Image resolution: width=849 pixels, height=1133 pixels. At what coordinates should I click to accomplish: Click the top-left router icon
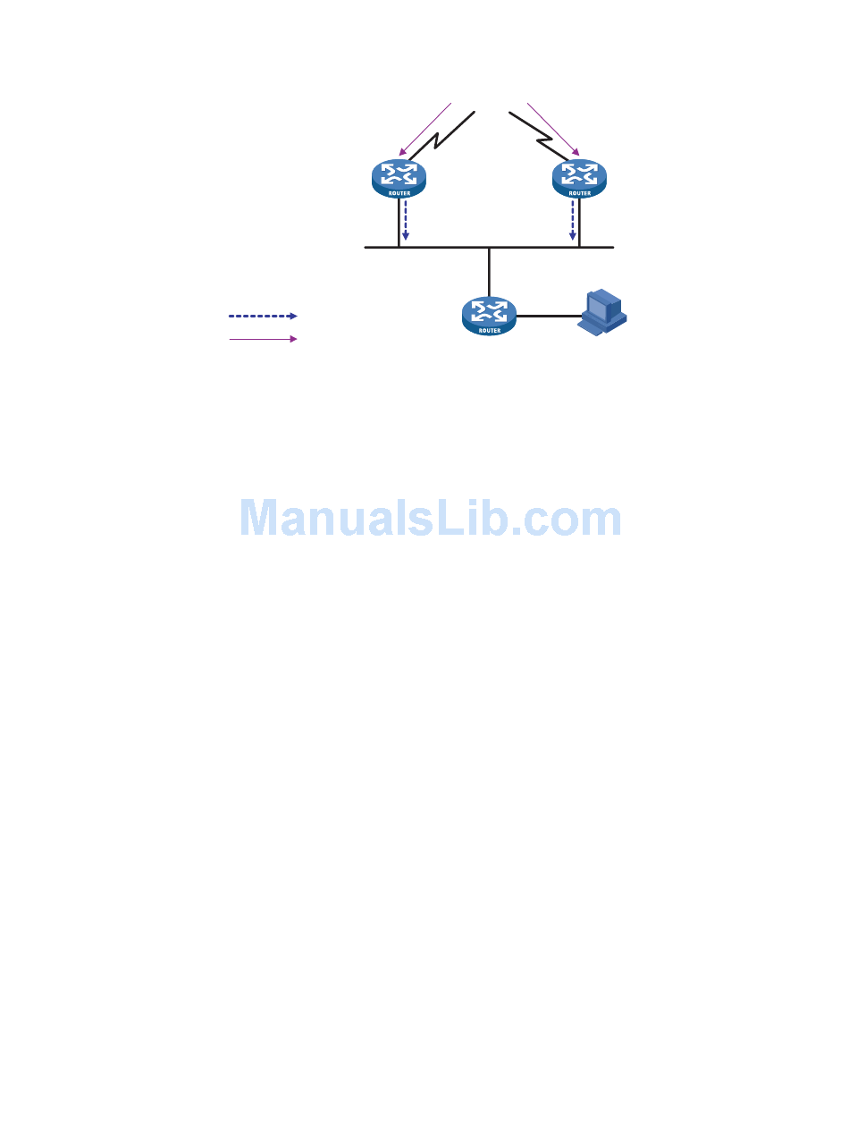(x=399, y=178)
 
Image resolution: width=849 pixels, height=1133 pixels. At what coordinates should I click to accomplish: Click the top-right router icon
(x=579, y=178)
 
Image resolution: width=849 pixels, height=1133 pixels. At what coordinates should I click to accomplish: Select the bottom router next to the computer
(x=489, y=316)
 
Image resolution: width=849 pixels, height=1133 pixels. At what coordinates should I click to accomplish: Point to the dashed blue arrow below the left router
(x=405, y=220)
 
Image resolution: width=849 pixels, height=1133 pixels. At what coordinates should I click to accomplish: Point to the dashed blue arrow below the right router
(x=573, y=220)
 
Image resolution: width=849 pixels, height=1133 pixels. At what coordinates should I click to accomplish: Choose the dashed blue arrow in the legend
(x=263, y=316)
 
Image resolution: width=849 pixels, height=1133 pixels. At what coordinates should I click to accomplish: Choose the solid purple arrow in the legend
(x=263, y=339)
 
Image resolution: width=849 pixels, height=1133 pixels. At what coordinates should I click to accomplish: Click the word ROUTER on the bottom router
(x=489, y=330)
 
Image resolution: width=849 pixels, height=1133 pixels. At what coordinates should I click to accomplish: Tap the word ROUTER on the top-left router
(x=399, y=192)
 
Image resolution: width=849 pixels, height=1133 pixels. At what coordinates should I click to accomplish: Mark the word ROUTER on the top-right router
(x=579, y=192)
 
